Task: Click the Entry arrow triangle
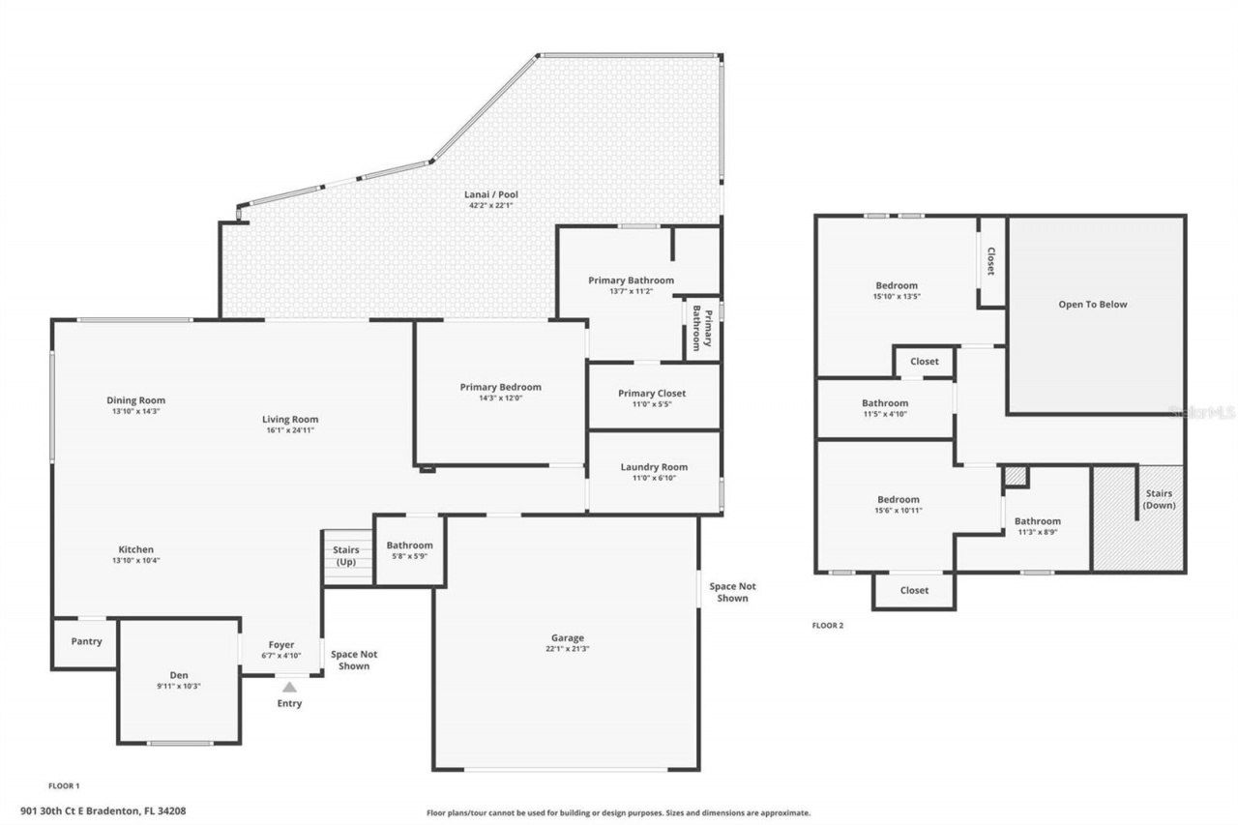tap(289, 687)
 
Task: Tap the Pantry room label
tap(86, 641)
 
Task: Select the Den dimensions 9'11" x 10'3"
tap(179, 686)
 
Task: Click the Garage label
tap(568, 637)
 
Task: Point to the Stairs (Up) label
tap(345, 556)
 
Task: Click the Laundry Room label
tap(654, 467)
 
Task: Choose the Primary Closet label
tap(652, 394)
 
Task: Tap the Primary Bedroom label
tap(500, 387)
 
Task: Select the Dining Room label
tap(136, 400)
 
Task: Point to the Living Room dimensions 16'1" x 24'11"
tap(290, 430)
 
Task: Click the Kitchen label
tap(136, 549)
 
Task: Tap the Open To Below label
tap(1093, 305)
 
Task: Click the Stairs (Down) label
tap(1158, 500)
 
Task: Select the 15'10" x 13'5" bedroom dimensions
tap(897, 297)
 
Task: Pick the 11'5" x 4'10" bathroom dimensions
tap(885, 414)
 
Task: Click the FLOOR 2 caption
tap(827, 626)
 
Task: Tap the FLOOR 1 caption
tap(64, 786)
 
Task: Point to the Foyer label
tap(281, 644)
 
